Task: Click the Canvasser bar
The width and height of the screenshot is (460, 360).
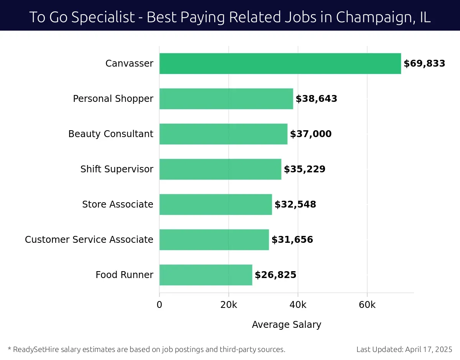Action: (x=280, y=64)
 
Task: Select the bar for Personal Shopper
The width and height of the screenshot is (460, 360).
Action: (x=226, y=99)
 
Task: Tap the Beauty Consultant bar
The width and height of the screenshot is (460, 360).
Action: (x=223, y=134)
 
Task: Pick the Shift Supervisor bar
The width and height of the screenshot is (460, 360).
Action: (x=220, y=169)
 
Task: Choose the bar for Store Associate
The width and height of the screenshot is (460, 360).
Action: (x=215, y=205)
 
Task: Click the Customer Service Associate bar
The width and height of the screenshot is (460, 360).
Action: (x=214, y=240)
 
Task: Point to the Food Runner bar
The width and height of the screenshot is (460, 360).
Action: (x=205, y=275)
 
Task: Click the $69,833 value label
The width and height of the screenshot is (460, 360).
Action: (x=424, y=64)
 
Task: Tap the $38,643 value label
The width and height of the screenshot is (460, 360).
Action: (x=316, y=99)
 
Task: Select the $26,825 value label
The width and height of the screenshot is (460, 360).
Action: (x=275, y=275)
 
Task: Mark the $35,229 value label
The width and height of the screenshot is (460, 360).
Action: (x=304, y=169)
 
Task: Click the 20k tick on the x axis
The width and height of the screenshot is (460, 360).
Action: (x=228, y=305)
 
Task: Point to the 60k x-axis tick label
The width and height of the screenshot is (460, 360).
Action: (x=367, y=305)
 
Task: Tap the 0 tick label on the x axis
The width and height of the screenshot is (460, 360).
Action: (x=159, y=305)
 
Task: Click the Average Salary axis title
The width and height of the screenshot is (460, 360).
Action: (x=286, y=325)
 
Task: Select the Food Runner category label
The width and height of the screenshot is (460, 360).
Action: (x=124, y=275)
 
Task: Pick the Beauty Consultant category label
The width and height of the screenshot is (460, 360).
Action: (x=110, y=134)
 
